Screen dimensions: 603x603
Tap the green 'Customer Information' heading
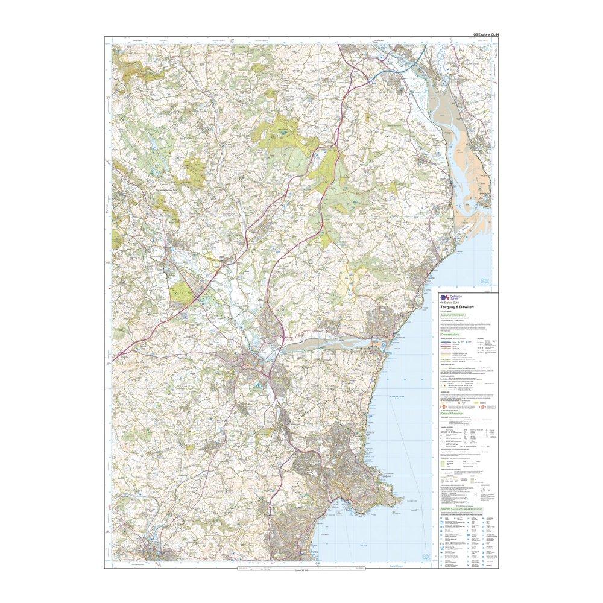pyautogui.click(x=455, y=315)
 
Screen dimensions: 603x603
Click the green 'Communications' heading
pyautogui.click(x=454, y=334)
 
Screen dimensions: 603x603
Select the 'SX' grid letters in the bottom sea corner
pyautogui.click(x=427, y=557)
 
